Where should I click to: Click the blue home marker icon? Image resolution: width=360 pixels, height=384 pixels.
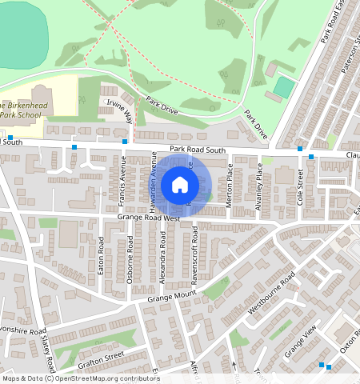(180, 185)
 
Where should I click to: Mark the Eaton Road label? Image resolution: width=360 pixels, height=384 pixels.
(102, 255)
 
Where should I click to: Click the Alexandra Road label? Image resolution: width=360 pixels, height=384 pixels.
(163, 257)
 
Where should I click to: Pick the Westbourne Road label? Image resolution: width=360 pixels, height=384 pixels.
(272, 293)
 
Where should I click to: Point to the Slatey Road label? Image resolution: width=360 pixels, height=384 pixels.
(46, 353)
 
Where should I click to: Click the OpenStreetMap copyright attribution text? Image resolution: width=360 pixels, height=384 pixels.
(80, 378)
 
